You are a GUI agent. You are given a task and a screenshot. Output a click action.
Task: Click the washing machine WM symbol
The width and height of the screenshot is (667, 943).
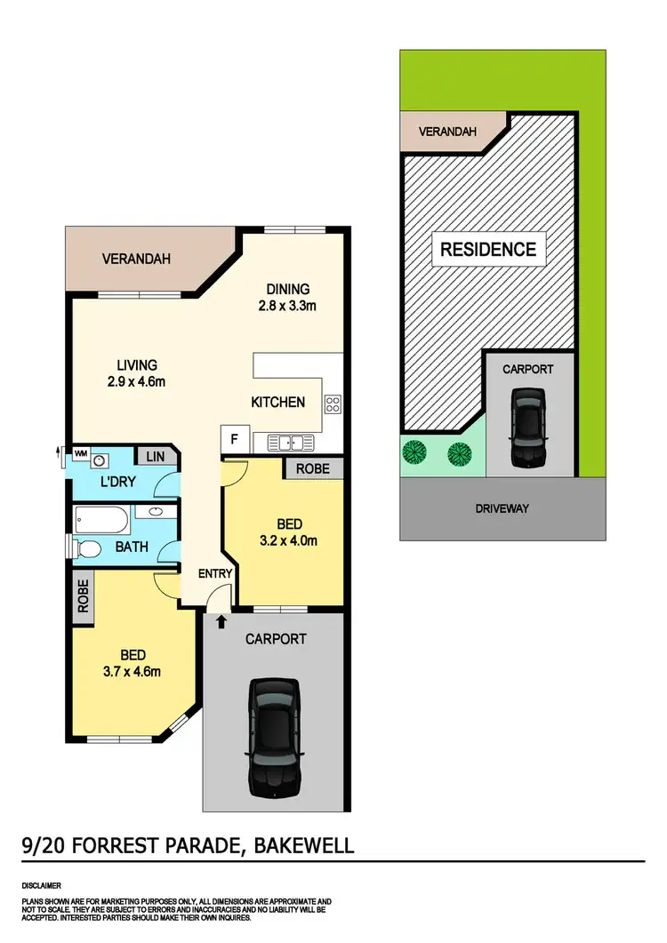coord(80,453)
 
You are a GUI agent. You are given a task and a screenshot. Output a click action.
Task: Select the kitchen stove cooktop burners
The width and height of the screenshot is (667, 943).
coord(333,404)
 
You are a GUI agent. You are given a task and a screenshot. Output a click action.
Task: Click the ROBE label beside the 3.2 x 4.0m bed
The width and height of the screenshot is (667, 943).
coord(313,468)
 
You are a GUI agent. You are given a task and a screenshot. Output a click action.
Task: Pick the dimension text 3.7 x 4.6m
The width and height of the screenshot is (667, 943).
coord(131,671)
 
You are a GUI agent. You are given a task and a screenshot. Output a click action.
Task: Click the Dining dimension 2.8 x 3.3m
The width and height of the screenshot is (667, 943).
coord(287,306)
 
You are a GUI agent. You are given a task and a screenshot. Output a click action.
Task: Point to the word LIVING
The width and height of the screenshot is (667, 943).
coord(136,364)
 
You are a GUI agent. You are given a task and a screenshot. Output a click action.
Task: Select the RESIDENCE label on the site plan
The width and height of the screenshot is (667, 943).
coord(488,249)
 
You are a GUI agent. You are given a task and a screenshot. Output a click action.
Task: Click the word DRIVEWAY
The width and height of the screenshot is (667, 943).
coord(502,508)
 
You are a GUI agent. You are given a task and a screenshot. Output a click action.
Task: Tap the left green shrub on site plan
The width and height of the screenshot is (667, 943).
coord(414,453)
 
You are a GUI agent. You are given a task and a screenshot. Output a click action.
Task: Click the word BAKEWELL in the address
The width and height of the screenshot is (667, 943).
coord(303,843)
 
